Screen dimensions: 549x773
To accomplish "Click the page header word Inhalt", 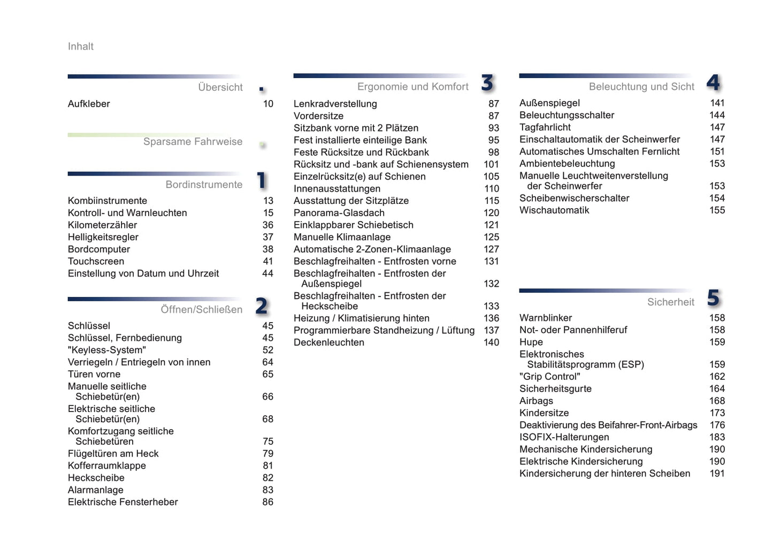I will (x=81, y=47).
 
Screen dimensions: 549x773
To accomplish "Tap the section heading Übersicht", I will (x=220, y=87).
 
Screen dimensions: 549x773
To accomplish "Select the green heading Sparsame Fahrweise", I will (x=193, y=142).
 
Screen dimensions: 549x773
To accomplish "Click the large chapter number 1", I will (x=262, y=180).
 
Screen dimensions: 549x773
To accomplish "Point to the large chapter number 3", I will (x=487, y=83).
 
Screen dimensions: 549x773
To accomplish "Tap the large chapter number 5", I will (x=713, y=298).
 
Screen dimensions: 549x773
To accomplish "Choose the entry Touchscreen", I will (x=96, y=261).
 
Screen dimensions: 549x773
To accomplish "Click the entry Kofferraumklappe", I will (x=106, y=466).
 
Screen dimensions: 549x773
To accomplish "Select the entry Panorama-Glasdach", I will (x=339, y=213).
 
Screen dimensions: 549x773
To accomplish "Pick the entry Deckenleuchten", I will (x=328, y=342).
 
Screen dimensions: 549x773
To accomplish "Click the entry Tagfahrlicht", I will (x=545, y=127).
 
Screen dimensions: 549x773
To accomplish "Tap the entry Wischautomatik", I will (x=554, y=210).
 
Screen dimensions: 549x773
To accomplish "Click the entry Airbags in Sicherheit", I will (x=536, y=401).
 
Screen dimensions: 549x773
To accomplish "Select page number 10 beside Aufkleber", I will (x=268, y=104).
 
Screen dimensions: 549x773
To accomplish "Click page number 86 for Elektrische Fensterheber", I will (x=267, y=502).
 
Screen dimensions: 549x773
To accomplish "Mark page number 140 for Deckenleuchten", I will (x=491, y=342).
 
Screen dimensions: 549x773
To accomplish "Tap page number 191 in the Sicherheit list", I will (x=717, y=474).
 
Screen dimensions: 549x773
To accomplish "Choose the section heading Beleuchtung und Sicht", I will (x=641, y=87).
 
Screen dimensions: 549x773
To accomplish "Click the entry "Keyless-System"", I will (x=106, y=350).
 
